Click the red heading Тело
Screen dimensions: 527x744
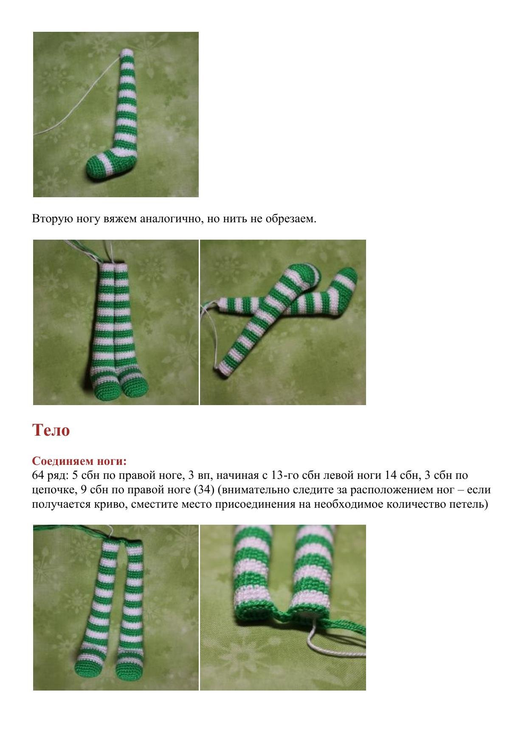pyautogui.click(x=51, y=430)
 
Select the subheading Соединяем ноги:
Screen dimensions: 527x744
pyautogui.click(x=79, y=461)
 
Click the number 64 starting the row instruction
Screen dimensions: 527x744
pyautogui.click(x=38, y=475)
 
